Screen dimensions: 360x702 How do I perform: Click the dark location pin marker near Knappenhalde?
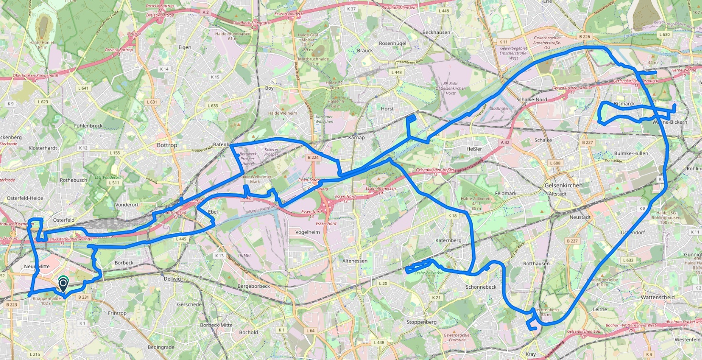(63, 285)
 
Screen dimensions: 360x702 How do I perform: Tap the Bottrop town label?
(167, 145)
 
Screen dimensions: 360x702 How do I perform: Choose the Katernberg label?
(448, 240)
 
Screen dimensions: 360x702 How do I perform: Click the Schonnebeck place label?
(481, 287)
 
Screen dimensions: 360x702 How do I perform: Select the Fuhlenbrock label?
(88, 126)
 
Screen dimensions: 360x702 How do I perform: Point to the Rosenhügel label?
(392, 43)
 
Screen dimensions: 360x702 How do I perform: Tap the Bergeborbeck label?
(254, 286)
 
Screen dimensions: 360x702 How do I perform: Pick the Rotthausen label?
(536, 263)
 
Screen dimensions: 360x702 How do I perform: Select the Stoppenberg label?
(421, 322)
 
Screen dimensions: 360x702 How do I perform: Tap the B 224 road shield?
(313, 157)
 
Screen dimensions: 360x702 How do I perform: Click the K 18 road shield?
(453, 216)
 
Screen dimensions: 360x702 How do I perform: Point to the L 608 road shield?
(555, 163)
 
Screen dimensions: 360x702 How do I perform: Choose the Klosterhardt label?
(43, 148)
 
